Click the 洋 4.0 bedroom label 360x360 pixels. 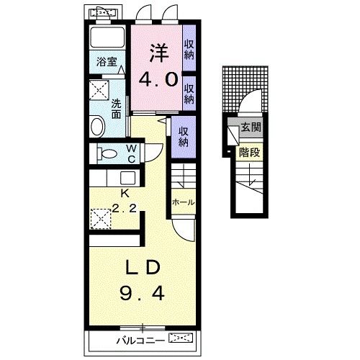[158, 66]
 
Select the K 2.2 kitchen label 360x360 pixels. [125, 201]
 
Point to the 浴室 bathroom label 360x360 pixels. [107, 62]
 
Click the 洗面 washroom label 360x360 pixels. [116, 109]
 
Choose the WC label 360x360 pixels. [132, 154]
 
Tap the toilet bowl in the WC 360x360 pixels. [107, 153]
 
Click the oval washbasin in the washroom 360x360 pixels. [98, 127]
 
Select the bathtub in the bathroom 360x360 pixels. [107, 38]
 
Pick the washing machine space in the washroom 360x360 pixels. [99, 90]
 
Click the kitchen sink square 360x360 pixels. [127, 178]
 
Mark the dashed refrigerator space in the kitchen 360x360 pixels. [101, 219]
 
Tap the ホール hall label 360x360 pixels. [184, 202]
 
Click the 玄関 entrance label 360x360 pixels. [251, 127]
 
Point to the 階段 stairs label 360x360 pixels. [249, 152]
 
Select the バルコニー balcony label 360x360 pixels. [140, 341]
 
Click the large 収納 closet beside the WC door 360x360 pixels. [184, 137]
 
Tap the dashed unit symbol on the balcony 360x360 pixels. [181, 338]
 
